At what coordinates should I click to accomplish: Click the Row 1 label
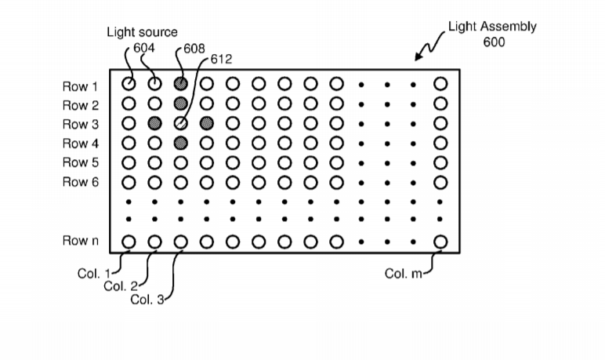pyautogui.click(x=81, y=85)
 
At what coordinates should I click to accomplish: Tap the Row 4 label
pyautogui.click(x=81, y=144)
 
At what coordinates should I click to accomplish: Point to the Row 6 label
pyautogui.click(x=81, y=182)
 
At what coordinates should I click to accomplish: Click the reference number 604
pyautogui.click(x=143, y=48)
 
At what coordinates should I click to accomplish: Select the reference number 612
pyautogui.click(x=220, y=60)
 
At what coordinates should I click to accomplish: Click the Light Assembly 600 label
pyautogui.click(x=492, y=34)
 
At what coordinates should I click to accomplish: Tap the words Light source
pyautogui.click(x=142, y=32)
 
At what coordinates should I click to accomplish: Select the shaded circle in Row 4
pyautogui.click(x=181, y=142)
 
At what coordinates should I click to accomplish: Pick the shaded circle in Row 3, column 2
pyautogui.click(x=155, y=123)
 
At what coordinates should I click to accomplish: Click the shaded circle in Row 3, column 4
pyautogui.click(x=207, y=123)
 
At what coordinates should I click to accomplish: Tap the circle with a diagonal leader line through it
pyautogui.click(x=181, y=123)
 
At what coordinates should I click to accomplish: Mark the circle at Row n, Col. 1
pyautogui.click(x=129, y=242)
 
